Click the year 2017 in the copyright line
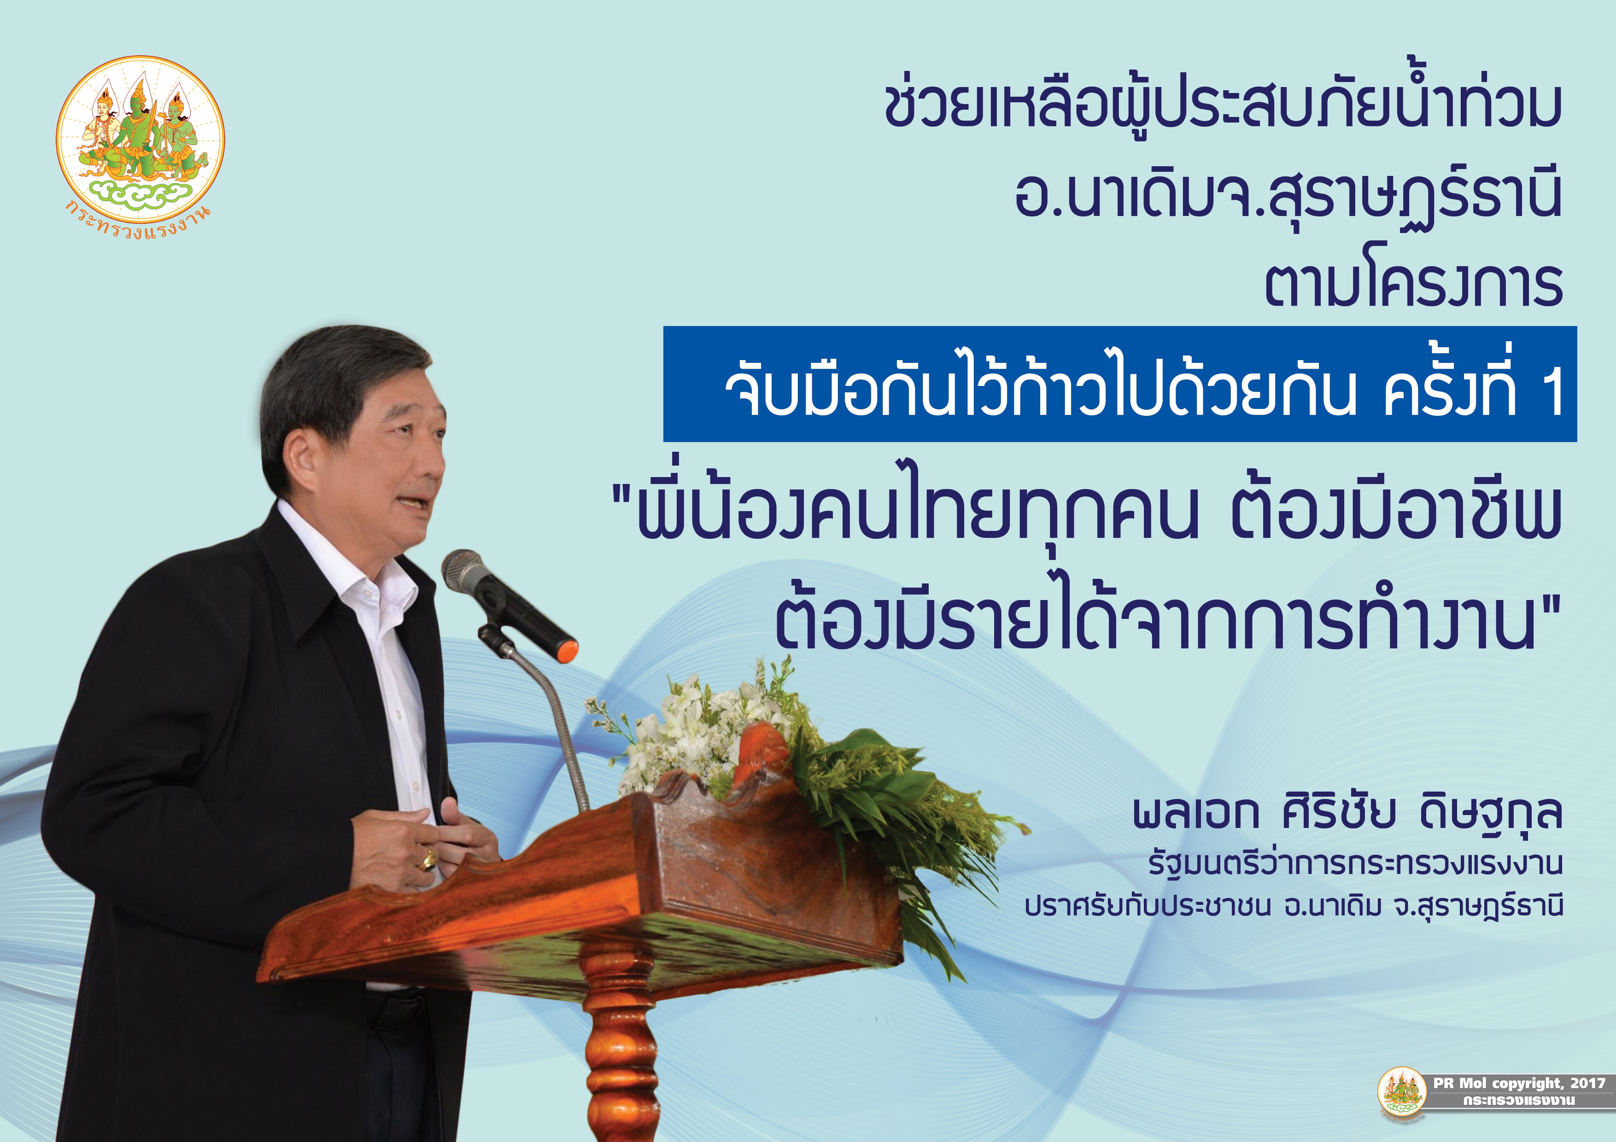coord(1587,1083)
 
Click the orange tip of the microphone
coord(567,650)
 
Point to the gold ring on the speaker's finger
coord(427,859)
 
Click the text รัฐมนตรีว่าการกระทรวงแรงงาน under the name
coord(1355,863)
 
